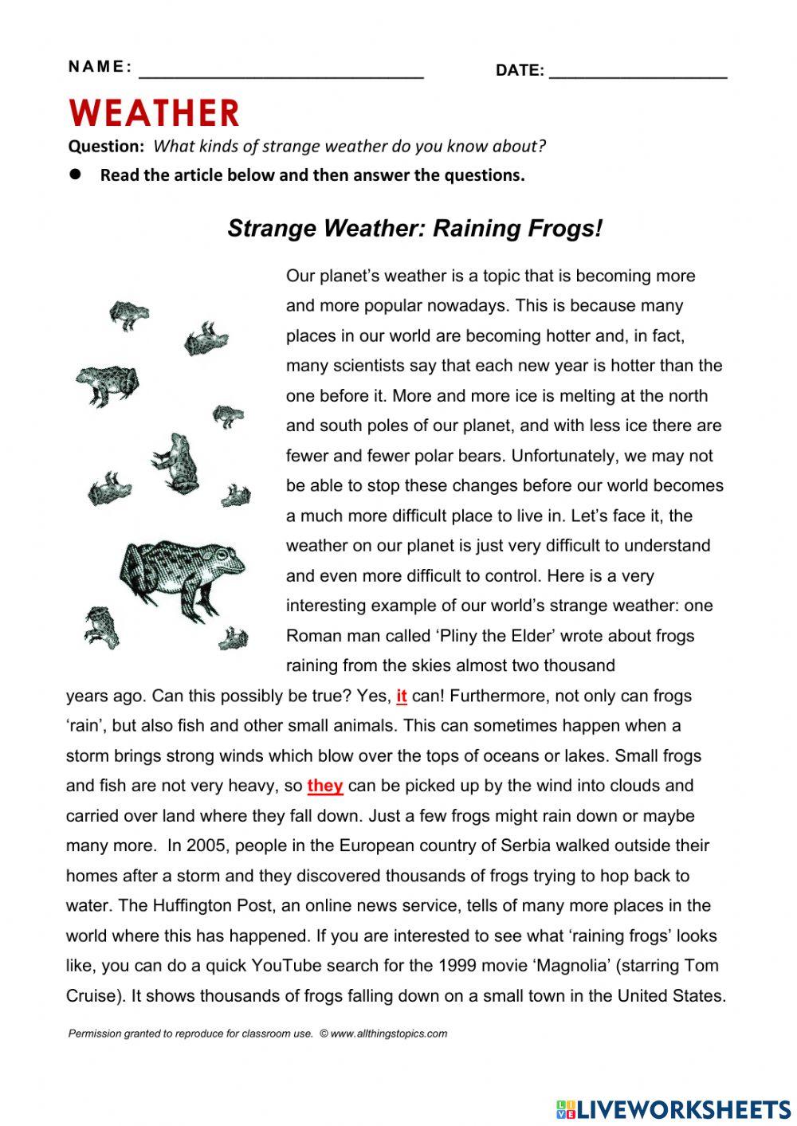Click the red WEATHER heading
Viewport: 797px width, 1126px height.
click(154, 112)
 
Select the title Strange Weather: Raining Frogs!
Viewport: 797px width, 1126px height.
click(414, 229)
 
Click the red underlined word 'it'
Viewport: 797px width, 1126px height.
click(401, 696)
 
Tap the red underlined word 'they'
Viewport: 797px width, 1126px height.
click(324, 786)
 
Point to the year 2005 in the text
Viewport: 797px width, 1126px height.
click(209, 845)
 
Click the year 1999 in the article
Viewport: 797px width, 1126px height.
click(458, 966)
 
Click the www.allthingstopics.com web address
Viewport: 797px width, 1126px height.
click(388, 1034)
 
